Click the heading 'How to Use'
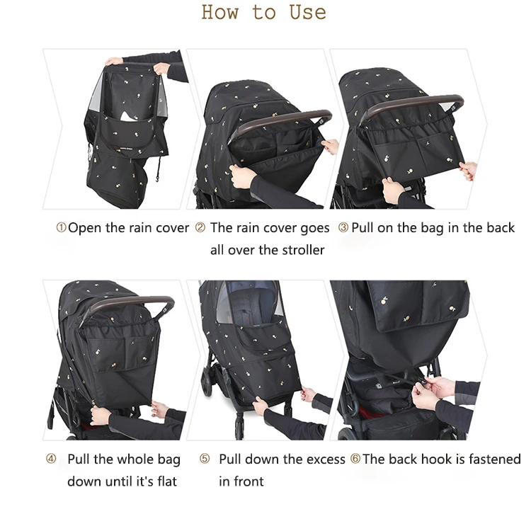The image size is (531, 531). point(263,13)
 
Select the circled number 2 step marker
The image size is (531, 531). point(200,228)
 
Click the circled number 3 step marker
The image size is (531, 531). point(343,228)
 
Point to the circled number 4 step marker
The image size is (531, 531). point(51,459)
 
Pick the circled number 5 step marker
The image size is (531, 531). point(205,459)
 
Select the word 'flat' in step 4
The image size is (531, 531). point(165,481)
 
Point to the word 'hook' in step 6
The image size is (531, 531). point(436,459)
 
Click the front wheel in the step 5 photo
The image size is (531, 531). point(207,382)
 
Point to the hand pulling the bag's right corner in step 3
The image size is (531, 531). point(467,170)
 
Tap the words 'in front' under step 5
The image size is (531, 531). point(241,481)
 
